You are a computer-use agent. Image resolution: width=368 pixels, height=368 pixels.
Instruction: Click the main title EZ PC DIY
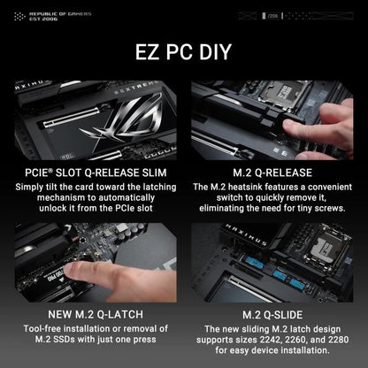[184, 52]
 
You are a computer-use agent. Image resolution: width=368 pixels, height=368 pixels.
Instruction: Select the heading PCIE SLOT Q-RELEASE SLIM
[94, 171]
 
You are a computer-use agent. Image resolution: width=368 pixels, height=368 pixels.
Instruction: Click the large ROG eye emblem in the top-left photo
[119, 119]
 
